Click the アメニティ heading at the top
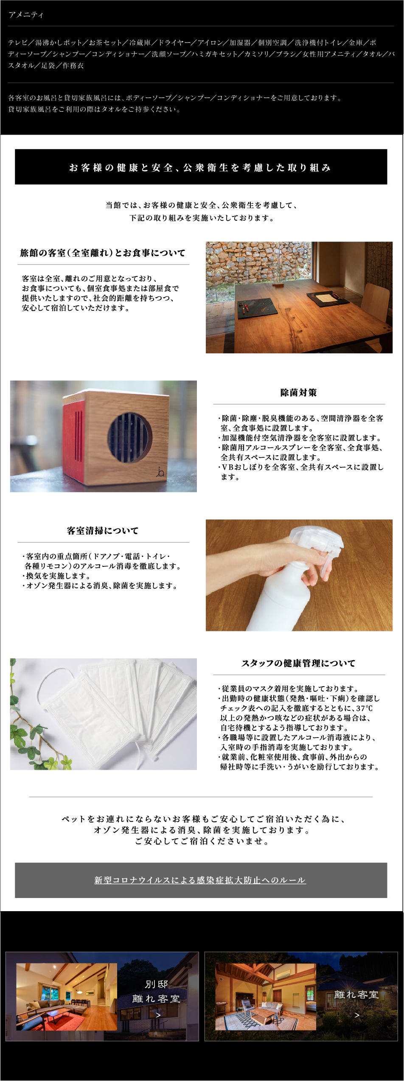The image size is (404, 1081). pos(26,15)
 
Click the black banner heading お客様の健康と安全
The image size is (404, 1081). pos(200,167)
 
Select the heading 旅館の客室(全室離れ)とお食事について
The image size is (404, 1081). pos(103,253)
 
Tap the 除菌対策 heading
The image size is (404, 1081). pos(299,393)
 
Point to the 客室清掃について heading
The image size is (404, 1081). pos(103,531)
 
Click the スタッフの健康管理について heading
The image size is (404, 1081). pos(299,663)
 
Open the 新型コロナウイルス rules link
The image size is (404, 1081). pos(200,881)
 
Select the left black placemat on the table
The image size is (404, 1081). pos(255,308)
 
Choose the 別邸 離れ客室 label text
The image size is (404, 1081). pos(156,992)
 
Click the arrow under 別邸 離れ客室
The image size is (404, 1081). pos(158,1015)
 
